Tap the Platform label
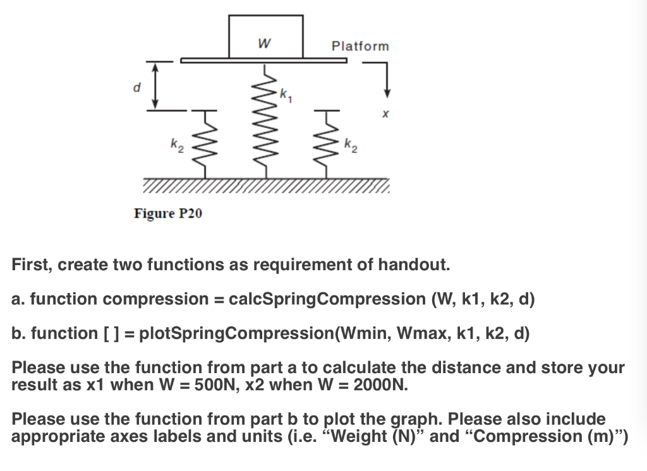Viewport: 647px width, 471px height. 360,46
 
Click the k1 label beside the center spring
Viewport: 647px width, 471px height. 286,96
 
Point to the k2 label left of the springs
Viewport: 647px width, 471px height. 174,147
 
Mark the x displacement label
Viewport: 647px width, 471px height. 385,115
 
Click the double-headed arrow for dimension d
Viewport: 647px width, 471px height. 155,86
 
